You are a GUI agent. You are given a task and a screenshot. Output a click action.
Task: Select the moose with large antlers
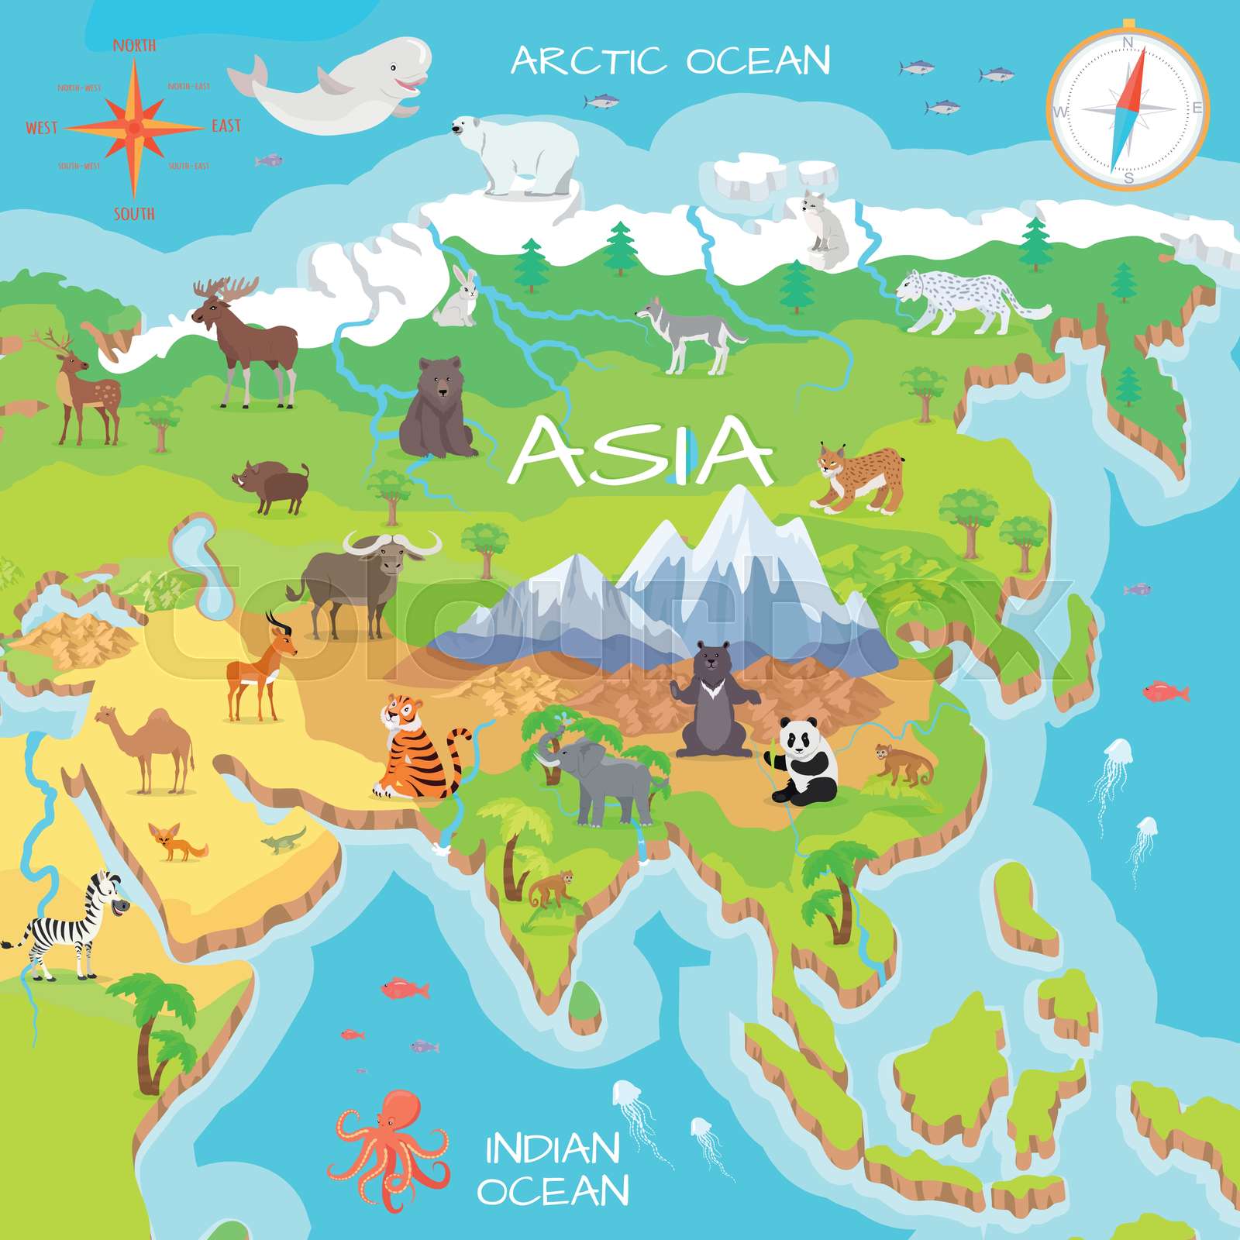[x=248, y=337]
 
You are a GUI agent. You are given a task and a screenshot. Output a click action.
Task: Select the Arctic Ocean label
[x=670, y=60]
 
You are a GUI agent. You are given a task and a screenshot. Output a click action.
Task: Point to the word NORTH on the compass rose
[x=134, y=46]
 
